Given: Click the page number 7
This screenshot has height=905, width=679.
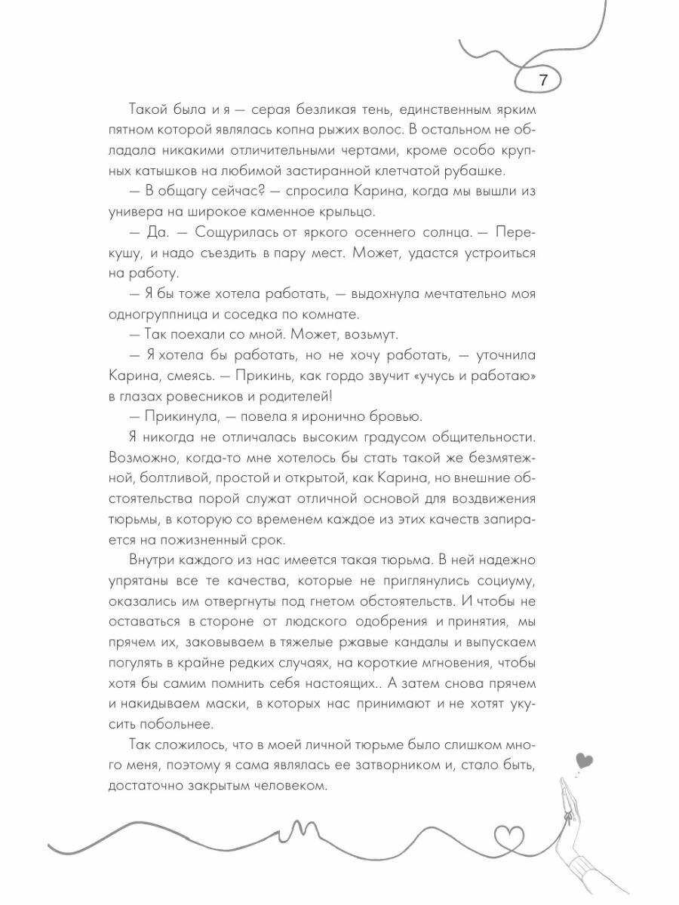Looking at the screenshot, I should [544, 80].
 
